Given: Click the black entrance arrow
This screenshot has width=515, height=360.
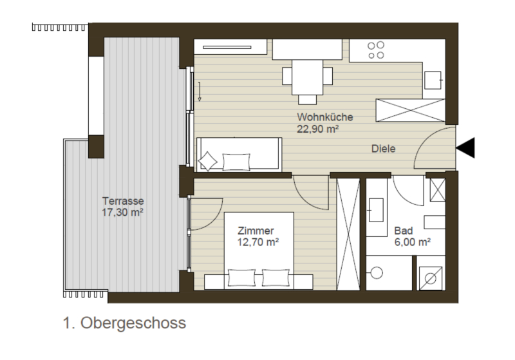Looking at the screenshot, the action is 466,148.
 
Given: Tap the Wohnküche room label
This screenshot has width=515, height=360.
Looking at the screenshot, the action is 325,117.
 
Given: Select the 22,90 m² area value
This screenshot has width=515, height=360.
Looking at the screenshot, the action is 317,129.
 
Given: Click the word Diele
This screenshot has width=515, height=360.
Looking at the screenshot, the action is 383,149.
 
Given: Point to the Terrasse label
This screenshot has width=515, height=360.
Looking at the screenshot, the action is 123,201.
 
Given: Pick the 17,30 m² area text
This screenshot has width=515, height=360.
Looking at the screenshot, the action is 122,212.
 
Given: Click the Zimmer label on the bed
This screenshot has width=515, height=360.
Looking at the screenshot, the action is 256,231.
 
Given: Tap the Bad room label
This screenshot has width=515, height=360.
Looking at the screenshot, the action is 404,231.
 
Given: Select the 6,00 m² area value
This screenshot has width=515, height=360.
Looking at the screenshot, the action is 413,242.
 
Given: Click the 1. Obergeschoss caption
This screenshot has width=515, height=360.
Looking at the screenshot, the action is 124,323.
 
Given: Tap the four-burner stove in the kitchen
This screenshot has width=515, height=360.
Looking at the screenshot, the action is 376,50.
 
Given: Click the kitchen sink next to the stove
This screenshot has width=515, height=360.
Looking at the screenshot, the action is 433,80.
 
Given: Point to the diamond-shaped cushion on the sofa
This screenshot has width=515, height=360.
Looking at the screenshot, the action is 207,161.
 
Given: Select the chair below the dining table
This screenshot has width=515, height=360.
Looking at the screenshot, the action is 308,99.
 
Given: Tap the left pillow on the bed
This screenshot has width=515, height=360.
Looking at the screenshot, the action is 242,278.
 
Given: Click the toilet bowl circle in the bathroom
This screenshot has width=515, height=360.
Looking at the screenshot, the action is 377,272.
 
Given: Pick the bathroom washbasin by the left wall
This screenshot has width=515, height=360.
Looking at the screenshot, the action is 377,210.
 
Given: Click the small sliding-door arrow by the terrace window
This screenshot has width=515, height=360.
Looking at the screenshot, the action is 200,91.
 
